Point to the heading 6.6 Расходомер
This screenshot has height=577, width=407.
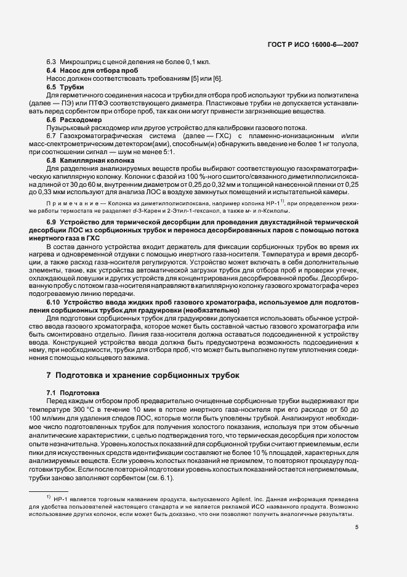(x=73, y=119)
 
